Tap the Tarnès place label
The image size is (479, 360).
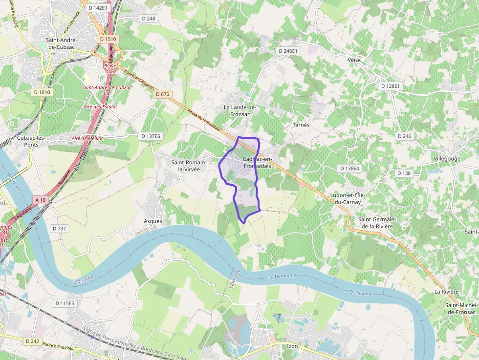[301, 125]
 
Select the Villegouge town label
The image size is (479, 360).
[447, 159]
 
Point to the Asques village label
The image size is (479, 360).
[152, 221]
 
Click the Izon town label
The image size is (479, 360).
[292, 346]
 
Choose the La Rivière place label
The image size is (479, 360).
[446, 292]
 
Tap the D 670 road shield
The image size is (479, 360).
[161, 94]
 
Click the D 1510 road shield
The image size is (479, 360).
[108, 39]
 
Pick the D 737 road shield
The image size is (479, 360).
[59, 229]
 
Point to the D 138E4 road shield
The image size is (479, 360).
[349, 168]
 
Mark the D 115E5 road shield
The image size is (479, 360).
[65, 303]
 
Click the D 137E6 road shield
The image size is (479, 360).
[150, 136]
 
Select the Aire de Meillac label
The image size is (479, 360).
[87, 138]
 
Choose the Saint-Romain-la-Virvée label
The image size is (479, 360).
[189, 166]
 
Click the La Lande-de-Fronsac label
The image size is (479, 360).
[240, 110]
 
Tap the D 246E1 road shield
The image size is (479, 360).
[288, 51]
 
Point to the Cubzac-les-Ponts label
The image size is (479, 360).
[31, 141]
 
